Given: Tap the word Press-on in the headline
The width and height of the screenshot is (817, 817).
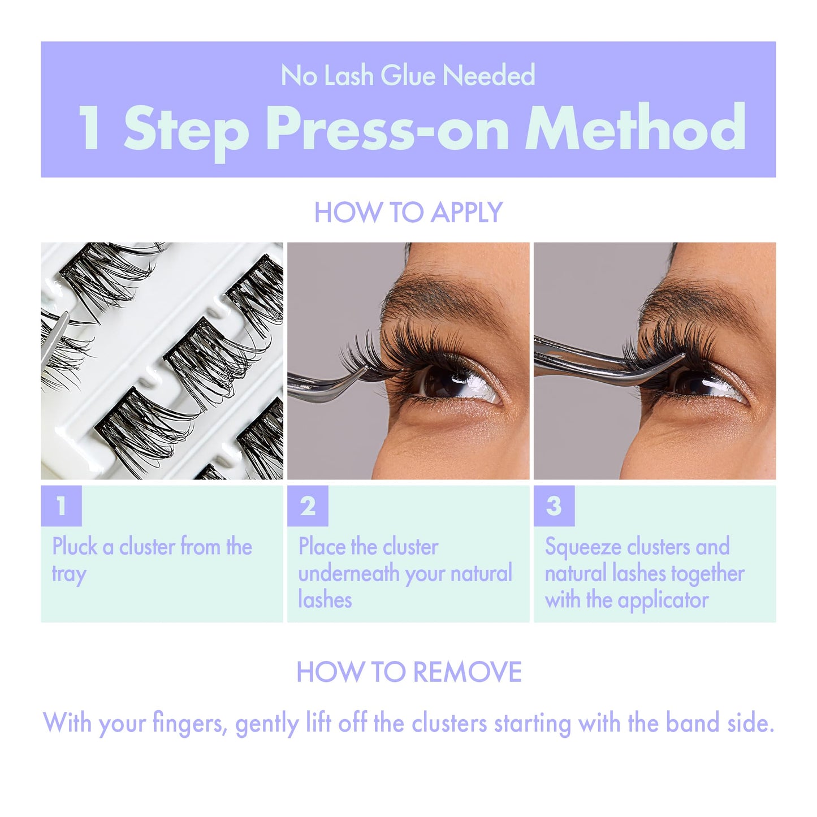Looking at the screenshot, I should pos(387,129).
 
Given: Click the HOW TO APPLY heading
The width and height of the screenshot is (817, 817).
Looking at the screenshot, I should pos(408,213).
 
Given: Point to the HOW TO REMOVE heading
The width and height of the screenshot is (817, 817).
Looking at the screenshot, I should pos(409,672).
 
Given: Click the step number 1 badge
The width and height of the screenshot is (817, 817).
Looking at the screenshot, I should pos(61,506).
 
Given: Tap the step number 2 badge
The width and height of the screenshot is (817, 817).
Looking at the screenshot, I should pos(308,506).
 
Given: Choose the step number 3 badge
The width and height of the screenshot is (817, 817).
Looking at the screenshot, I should pos(554,506).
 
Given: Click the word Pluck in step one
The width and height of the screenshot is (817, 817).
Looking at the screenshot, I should pos(75,547).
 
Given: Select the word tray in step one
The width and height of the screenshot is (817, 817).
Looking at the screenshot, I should pos(69,574).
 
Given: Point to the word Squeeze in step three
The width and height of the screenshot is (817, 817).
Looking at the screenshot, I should pos(583,547).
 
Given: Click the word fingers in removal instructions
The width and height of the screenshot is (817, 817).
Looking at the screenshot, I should pos(190,724).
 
